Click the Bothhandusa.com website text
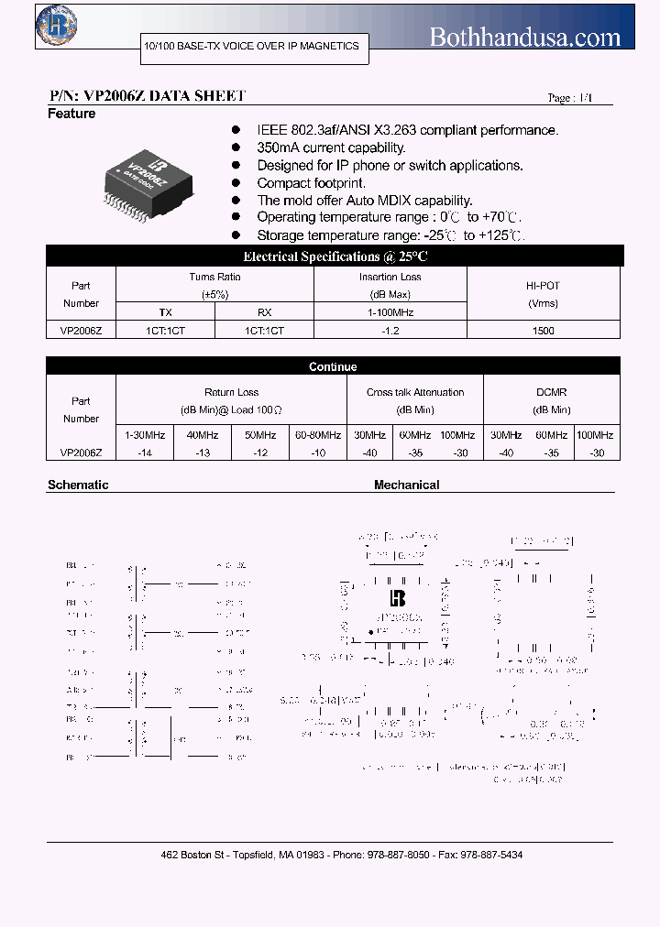coord(525,38)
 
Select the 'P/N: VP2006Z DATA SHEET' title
coord(147,95)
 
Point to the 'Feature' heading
coord(71,114)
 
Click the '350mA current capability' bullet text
coord(331,147)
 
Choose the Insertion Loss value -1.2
coord(390,330)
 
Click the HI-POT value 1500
coord(543,330)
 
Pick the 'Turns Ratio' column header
coord(215,277)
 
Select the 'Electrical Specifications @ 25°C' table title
coord(335,256)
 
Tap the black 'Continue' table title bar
coord(333,366)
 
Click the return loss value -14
coord(144,453)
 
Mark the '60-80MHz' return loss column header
coord(317,435)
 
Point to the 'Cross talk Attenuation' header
coord(415,392)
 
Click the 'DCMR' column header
coord(551,392)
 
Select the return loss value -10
coord(317,453)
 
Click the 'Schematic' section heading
coord(78,485)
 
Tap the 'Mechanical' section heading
coord(406,485)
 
